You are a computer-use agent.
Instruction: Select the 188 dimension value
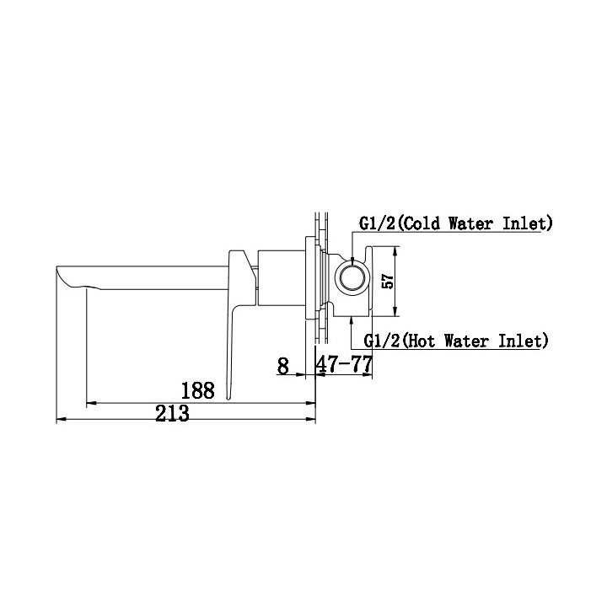click(198, 389)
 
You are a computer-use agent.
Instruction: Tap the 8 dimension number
click(282, 366)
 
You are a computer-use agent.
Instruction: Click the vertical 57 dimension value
click(388, 282)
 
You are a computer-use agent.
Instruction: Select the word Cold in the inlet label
click(419, 223)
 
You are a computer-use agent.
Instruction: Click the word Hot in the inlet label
click(422, 341)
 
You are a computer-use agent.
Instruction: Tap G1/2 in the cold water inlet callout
click(376, 223)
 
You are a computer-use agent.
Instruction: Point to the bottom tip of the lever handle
click(228, 395)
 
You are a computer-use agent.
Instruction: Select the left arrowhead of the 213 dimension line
click(59, 418)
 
